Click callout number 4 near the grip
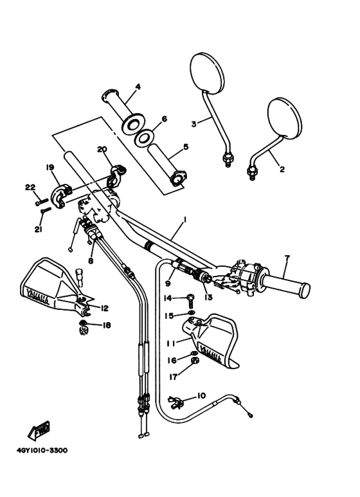pos(138,87)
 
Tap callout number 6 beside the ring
pos(164,119)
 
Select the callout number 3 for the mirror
pos(193,123)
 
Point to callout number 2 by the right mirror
pos(281,170)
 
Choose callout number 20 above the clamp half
pos(101,149)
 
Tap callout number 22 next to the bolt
pos(30,187)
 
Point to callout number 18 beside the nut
pos(106,325)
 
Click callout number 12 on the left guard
pos(104,308)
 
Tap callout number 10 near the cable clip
pos(201,395)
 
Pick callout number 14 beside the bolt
pos(168,298)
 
